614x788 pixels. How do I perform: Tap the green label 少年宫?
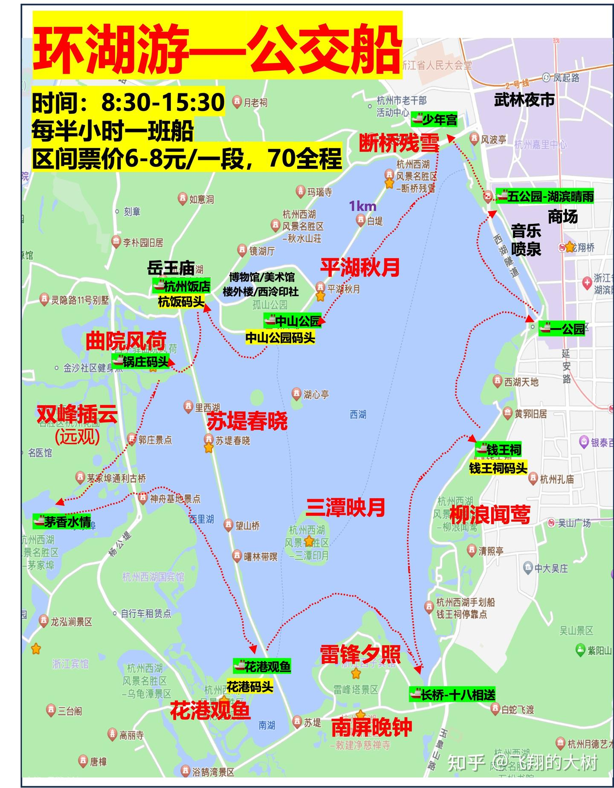[x=434, y=120]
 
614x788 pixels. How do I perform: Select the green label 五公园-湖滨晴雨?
[x=544, y=196]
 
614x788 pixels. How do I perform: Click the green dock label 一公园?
[x=562, y=329]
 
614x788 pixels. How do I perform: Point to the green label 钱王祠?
[x=498, y=450]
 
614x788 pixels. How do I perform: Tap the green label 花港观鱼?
[x=262, y=666]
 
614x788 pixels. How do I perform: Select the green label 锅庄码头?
[x=140, y=362]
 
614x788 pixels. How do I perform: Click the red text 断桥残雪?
[x=399, y=143]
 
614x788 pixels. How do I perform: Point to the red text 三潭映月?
[x=345, y=508]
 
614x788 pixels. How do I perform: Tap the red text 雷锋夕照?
[x=360, y=654]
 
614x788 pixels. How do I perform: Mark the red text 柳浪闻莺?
[x=490, y=514]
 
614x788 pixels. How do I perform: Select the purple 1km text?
[x=362, y=206]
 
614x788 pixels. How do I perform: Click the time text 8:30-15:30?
[x=162, y=102]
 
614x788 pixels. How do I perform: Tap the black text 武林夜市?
[x=524, y=100]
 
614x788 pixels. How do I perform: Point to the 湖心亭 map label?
[x=316, y=395]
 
